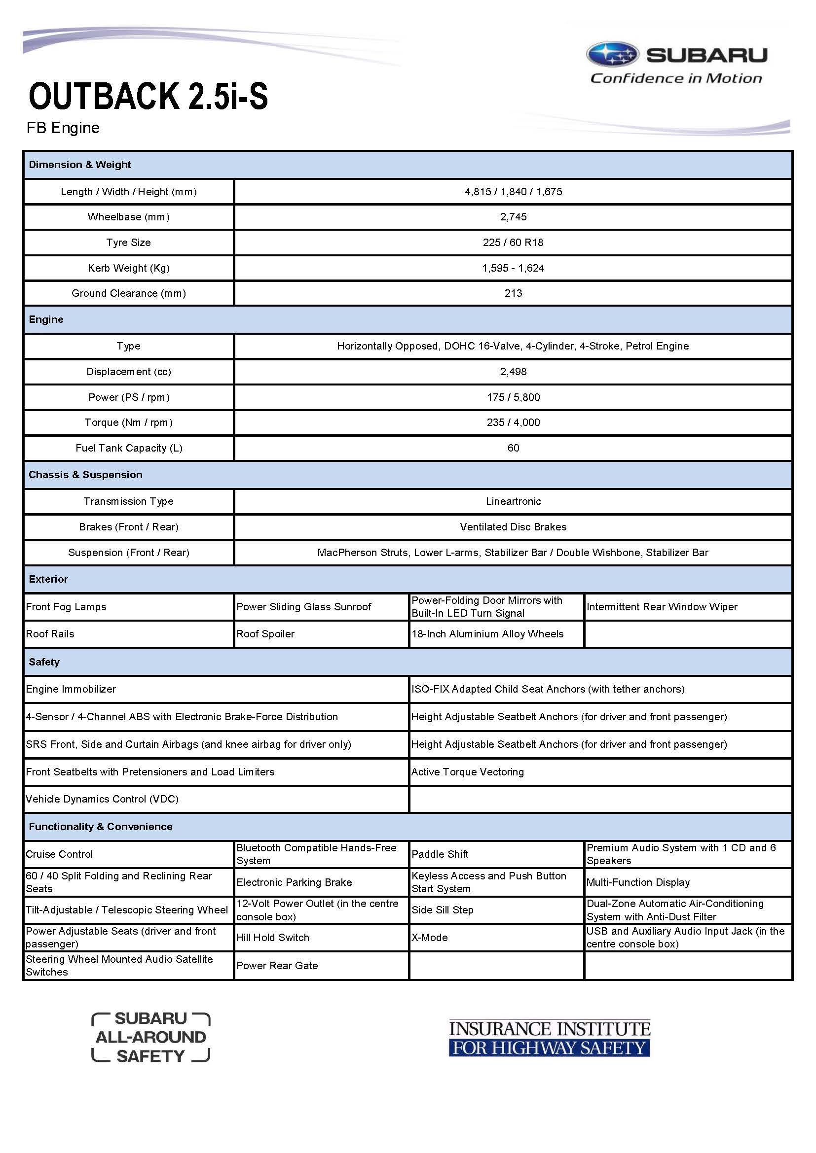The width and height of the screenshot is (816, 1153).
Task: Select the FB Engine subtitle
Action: (63, 128)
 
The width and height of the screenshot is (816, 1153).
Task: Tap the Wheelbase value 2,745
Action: (513, 217)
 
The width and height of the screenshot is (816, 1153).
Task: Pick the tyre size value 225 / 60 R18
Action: (513, 243)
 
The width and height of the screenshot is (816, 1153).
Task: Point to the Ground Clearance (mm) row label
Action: (129, 293)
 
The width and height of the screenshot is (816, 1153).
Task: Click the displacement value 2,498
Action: (513, 372)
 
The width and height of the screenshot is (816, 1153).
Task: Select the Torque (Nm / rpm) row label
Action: (129, 422)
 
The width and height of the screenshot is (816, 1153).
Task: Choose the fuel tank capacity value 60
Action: (513, 448)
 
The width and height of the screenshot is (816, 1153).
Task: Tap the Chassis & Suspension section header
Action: (85, 475)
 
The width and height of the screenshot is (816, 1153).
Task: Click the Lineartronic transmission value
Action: (513, 501)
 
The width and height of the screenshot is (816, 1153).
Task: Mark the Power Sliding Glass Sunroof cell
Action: (303, 607)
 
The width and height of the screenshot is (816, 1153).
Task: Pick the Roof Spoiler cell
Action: (265, 634)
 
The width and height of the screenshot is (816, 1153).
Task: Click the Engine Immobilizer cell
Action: (71, 689)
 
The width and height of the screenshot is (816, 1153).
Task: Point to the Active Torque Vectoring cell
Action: (467, 772)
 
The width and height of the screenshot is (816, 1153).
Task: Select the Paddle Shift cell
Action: (440, 854)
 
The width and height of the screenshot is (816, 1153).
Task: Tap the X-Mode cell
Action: (430, 938)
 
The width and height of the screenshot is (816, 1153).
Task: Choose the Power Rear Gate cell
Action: (277, 966)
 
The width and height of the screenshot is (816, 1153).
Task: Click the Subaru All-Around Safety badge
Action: (151, 1038)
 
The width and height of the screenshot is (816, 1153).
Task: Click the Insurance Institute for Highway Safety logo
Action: (549, 1038)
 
